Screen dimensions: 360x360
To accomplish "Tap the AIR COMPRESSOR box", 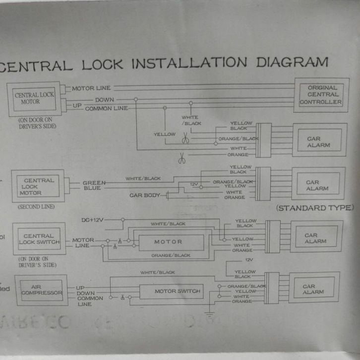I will coord(42,291).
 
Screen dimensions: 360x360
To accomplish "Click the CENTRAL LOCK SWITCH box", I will coord(40,240).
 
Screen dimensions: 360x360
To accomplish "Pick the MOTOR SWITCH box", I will coord(177,291).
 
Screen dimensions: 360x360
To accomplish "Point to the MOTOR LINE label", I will coord(91,88).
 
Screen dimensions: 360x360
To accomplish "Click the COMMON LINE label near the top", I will coord(106,108).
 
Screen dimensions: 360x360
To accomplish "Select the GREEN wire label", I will coord(94,182).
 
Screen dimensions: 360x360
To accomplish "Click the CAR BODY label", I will coord(145,195).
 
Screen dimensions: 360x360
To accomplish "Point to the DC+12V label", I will coord(93,220).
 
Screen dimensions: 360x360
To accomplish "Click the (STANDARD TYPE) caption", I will coord(314,207).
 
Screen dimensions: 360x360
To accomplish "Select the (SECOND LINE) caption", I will coord(36,206).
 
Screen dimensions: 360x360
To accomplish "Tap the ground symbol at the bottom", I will coord(209,313).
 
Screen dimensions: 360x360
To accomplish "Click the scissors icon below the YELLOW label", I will coord(185,139).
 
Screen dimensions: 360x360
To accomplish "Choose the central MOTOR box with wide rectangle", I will coord(168,242).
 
